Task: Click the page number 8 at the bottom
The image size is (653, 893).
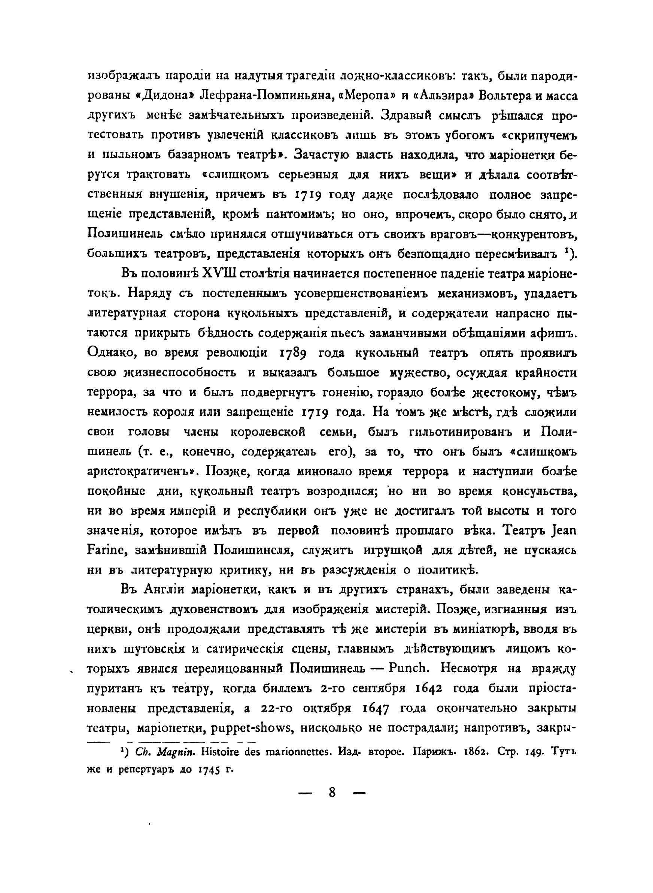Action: tap(332, 793)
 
